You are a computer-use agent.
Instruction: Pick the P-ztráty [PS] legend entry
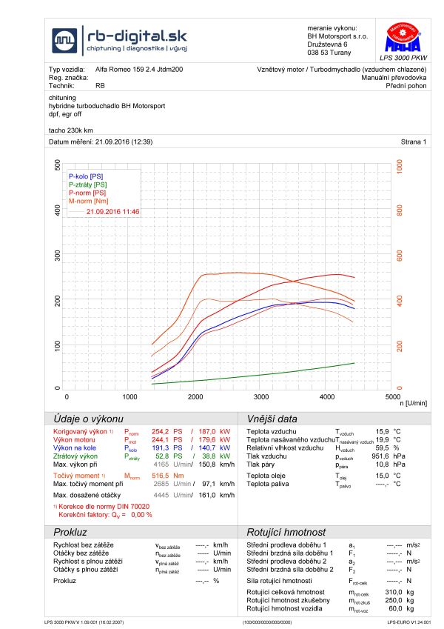pos(88,184)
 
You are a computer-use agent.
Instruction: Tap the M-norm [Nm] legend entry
pos(89,201)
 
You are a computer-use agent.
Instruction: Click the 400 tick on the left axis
pos(58,211)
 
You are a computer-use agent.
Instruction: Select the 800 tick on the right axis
pos(400,211)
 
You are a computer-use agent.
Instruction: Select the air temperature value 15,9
pos(382,430)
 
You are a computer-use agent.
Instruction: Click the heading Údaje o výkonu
pos(84,418)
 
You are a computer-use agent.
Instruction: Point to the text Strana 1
pos(414,141)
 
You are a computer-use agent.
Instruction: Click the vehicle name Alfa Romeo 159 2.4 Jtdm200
pos(139,69)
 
